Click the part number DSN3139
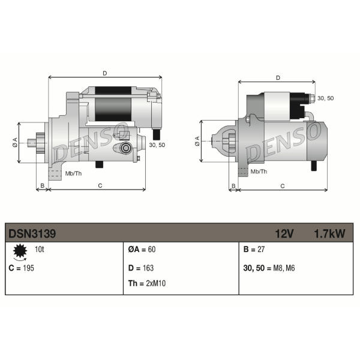(32, 234)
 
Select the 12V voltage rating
(284, 234)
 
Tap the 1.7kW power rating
(329, 234)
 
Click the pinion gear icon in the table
(20, 251)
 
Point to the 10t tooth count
(39, 249)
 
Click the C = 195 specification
(21, 268)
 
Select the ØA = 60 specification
(142, 250)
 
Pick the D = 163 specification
(141, 268)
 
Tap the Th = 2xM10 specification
(147, 283)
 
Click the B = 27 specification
(254, 250)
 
